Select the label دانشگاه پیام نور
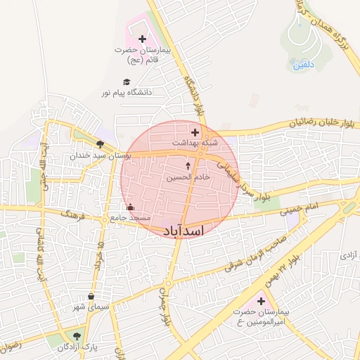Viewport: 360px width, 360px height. [127, 92]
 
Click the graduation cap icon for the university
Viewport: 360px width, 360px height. [127, 82]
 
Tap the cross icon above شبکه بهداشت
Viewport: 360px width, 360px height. [195, 131]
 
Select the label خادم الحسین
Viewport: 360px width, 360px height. [188, 177]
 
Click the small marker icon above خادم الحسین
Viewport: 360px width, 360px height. [188, 166]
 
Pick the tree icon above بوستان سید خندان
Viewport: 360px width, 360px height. [99, 143]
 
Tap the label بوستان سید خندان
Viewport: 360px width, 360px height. [96, 155]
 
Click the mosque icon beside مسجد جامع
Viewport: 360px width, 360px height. [130, 207]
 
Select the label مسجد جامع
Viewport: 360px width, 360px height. [131, 218]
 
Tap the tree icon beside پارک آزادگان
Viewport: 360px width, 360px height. [76, 336]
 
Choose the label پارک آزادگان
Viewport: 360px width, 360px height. [77, 347]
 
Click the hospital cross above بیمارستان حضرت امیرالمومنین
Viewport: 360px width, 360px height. [261, 300]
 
